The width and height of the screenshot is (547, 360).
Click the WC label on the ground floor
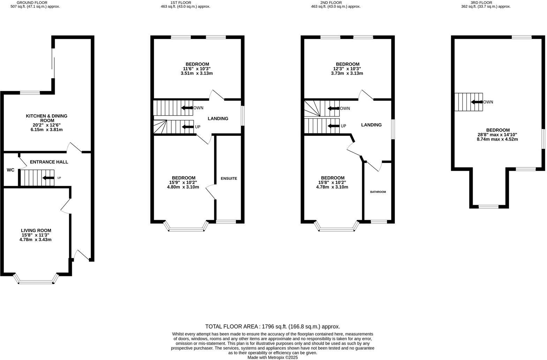point(10,170)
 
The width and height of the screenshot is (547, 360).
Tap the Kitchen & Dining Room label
point(46,118)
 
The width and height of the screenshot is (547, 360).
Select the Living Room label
point(36,230)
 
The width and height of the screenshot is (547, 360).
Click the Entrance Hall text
point(49,162)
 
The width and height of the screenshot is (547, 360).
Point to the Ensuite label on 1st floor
point(229,179)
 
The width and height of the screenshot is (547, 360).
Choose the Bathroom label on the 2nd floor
point(378,192)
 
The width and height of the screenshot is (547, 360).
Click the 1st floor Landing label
point(218,119)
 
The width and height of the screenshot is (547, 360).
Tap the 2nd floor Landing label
point(371,125)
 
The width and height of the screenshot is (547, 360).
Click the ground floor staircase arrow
point(48,178)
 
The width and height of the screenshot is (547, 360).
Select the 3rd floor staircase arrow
point(477,102)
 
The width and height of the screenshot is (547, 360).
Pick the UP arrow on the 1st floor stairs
point(188,127)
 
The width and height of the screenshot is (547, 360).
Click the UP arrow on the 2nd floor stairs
point(334,126)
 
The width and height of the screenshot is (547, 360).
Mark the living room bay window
point(36,281)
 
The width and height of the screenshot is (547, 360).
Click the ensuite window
point(226,222)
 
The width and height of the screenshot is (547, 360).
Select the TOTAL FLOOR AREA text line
point(272,327)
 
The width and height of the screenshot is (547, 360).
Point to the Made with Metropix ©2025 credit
point(272,358)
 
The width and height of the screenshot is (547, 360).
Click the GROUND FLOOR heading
point(32,2)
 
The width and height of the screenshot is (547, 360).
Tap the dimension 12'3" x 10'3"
point(347,69)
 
